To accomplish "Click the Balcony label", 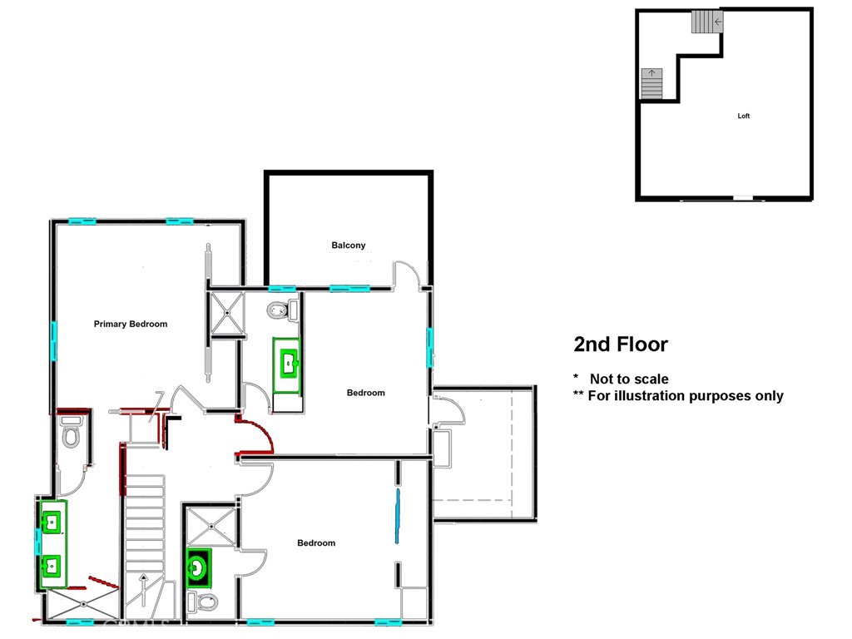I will click(x=348, y=245).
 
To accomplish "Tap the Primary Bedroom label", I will click(x=131, y=324).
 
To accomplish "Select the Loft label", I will click(x=744, y=116).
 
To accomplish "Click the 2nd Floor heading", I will click(x=621, y=344).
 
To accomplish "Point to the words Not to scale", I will click(x=629, y=379).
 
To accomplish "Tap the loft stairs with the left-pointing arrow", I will click(x=706, y=22).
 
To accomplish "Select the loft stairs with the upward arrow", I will click(x=651, y=83).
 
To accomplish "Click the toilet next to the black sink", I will click(x=202, y=601).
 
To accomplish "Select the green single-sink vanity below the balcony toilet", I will click(x=288, y=363).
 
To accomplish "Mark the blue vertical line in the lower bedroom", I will click(x=397, y=516).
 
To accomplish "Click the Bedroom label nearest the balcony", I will click(x=365, y=393).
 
